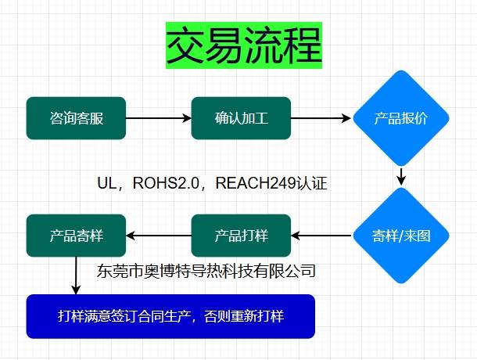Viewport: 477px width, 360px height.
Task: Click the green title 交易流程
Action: tap(244, 47)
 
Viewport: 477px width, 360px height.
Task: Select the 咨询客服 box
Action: tap(76, 119)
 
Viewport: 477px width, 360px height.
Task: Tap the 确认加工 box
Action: tap(241, 119)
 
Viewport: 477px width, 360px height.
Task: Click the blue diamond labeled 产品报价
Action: tap(400, 119)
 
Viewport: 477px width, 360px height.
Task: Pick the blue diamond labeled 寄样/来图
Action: tap(400, 235)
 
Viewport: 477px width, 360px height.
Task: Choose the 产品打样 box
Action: tap(241, 235)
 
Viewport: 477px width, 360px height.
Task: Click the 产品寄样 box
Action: tap(76, 235)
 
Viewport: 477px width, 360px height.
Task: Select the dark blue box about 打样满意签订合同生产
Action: tap(170, 316)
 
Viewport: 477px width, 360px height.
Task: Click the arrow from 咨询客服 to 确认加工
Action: tap(158, 119)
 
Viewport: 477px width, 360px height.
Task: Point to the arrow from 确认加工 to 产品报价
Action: tap(321, 119)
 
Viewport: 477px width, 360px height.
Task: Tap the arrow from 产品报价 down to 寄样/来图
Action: tap(401, 176)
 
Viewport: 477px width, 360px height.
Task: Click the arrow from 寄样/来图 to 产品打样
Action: tap(321, 235)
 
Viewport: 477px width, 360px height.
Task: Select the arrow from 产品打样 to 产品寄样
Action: tap(158, 235)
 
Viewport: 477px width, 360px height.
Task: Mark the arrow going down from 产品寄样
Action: tap(77, 274)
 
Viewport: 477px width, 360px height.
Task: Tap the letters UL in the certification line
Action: tap(106, 184)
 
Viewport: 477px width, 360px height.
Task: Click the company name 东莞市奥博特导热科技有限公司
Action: tap(206, 272)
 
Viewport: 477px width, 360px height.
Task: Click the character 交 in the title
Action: tap(186, 47)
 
